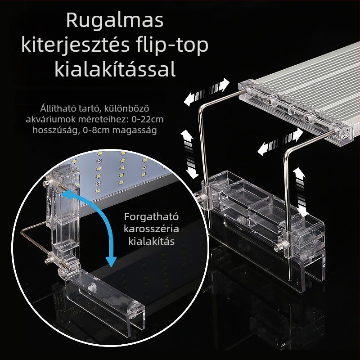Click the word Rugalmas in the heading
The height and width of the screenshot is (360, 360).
[x=115, y=21]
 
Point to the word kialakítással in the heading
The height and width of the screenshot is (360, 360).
[x=115, y=70]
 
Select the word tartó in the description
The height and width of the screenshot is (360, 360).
[x=88, y=108]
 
